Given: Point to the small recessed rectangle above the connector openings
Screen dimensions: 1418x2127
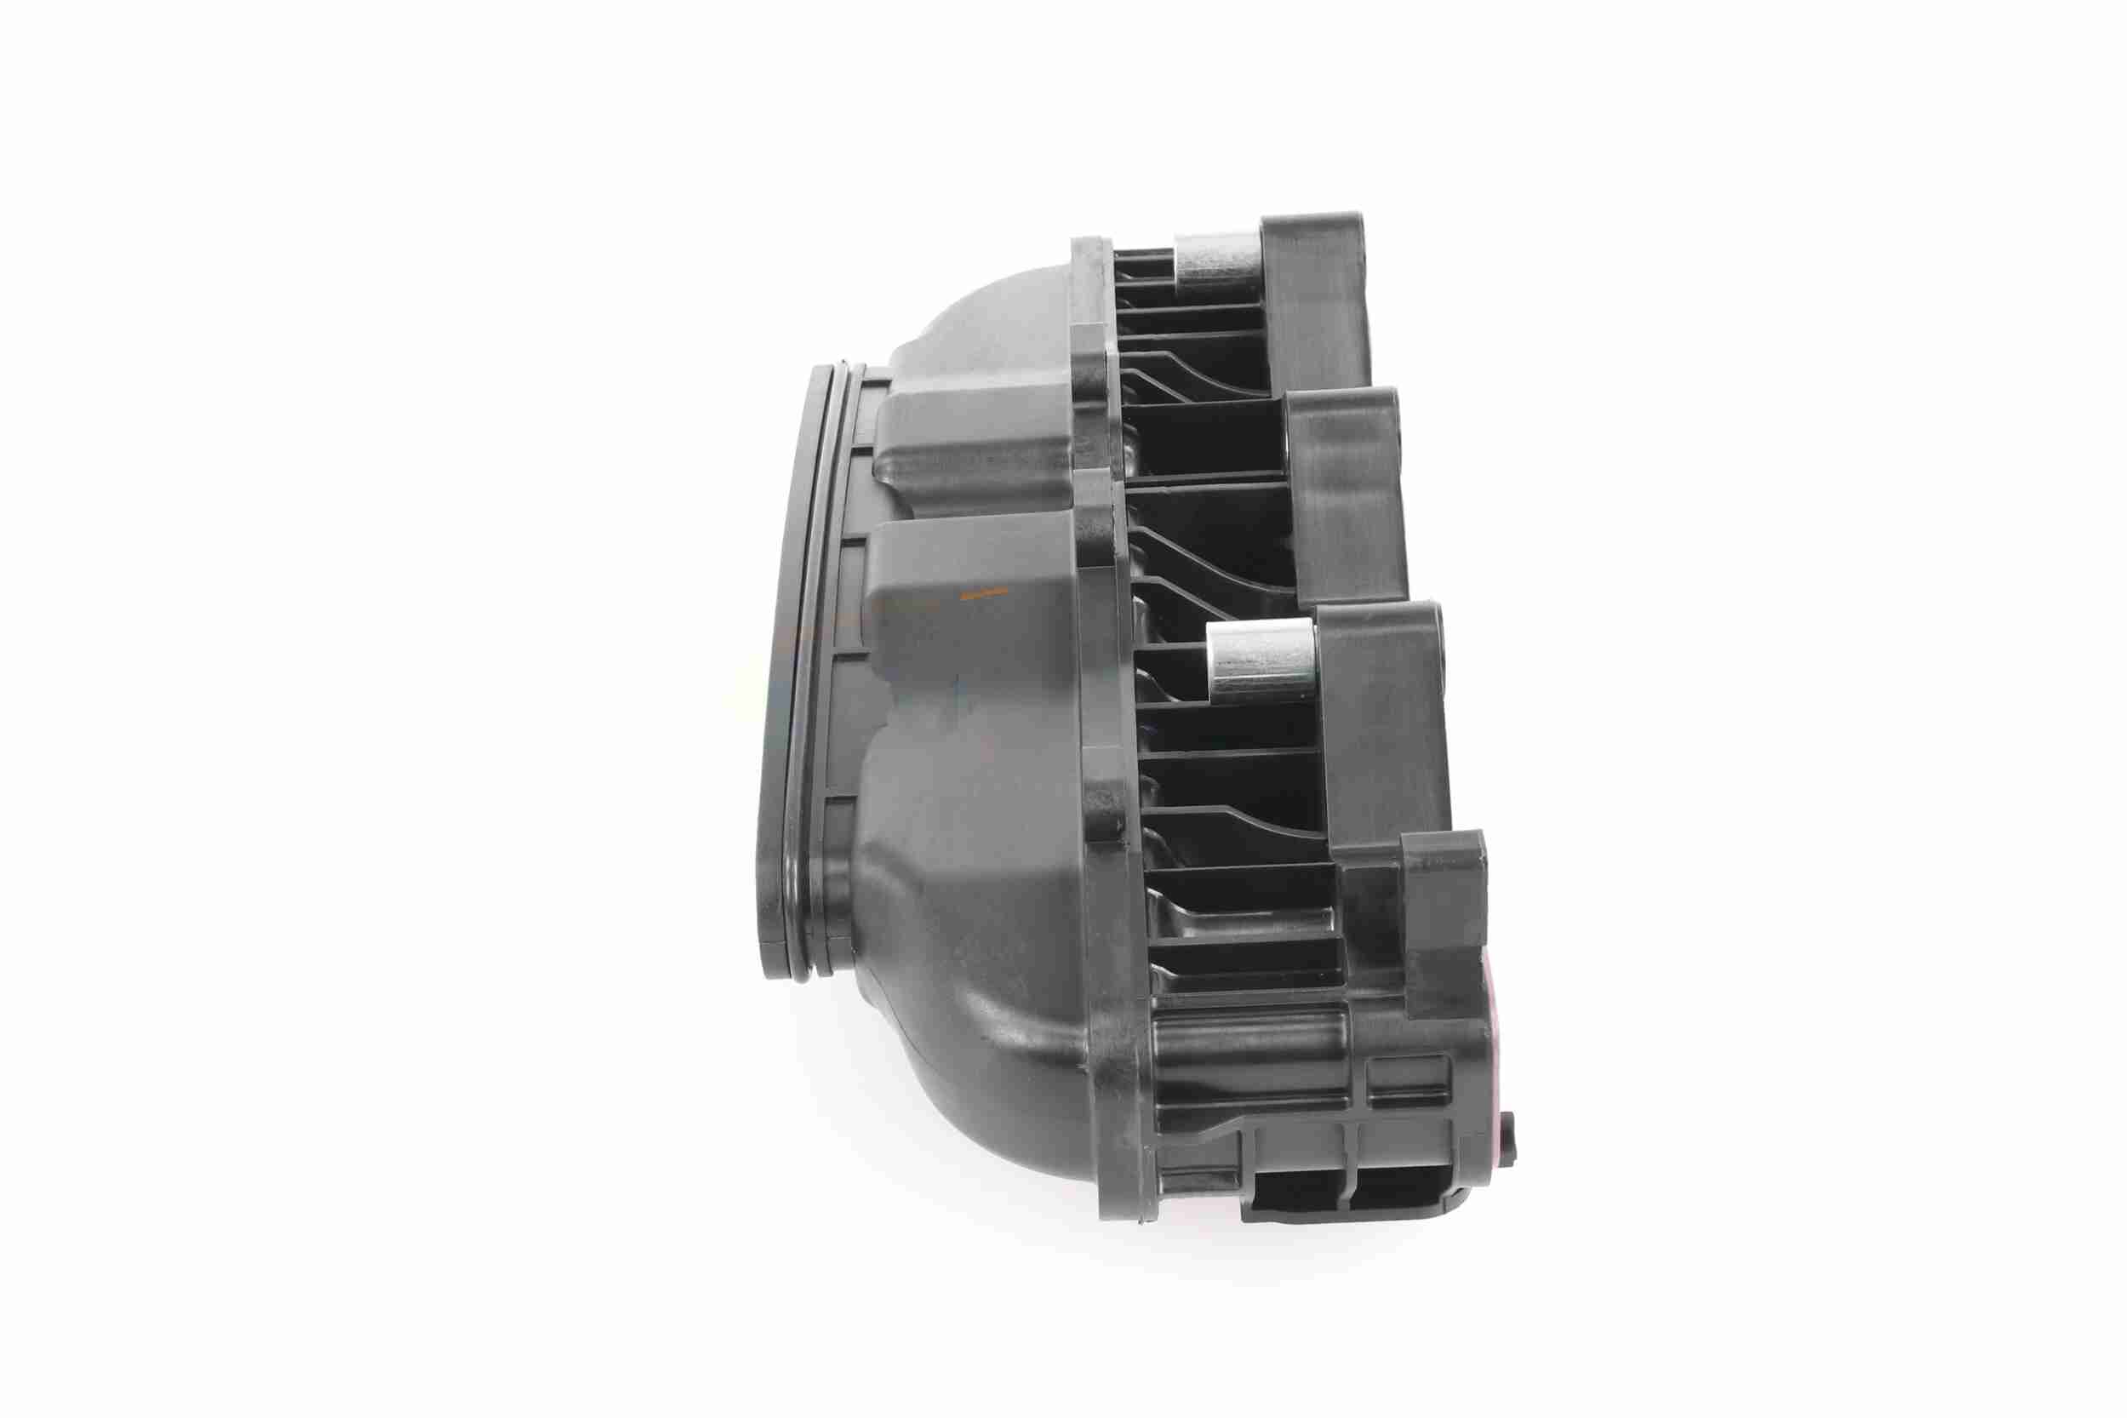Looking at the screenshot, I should click(1408, 1082).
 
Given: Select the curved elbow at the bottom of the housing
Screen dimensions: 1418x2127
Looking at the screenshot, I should click(995, 1067).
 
